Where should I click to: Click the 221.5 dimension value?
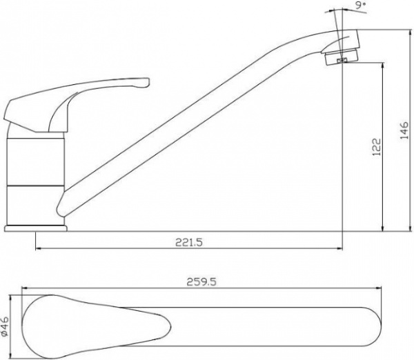coord(189,242)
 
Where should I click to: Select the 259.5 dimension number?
coord(201,282)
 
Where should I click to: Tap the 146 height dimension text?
coord(404,130)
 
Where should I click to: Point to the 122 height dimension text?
coord(377,147)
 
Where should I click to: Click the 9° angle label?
coord(361,6)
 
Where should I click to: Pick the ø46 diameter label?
coord(5,326)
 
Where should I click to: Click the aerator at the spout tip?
coord(341,57)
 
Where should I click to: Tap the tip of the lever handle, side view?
coord(148,82)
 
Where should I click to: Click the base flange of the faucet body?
coord(36,228)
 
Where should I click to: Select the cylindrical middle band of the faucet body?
coord(35,162)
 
